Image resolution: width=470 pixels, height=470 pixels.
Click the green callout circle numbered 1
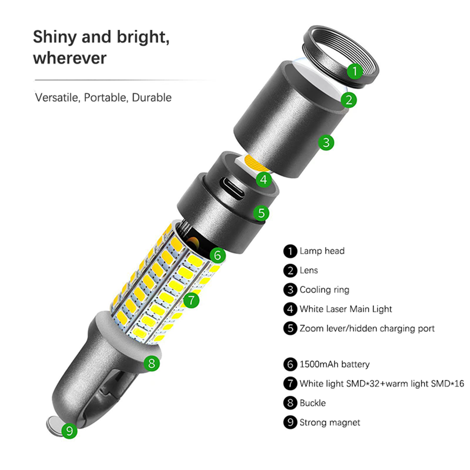point(355,71)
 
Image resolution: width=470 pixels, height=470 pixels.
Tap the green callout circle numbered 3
point(326,142)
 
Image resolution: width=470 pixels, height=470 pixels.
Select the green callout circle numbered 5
point(261,213)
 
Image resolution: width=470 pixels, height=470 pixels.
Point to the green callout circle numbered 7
point(191,300)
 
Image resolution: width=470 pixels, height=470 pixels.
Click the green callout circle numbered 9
point(69,431)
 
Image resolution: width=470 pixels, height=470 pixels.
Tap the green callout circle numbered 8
point(152,363)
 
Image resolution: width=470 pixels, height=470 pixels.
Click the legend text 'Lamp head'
point(322,251)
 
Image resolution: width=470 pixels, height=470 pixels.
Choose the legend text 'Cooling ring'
point(324,290)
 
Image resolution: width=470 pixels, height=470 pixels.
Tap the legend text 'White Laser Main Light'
point(346,309)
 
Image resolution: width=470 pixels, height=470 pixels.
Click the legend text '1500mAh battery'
point(335,364)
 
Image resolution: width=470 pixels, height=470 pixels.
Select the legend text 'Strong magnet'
point(330,422)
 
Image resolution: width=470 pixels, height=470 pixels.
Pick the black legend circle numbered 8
point(290,403)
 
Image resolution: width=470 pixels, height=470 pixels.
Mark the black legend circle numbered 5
point(290,328)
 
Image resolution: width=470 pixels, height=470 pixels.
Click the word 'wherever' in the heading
point(70,58)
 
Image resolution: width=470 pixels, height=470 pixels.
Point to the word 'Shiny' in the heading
point(55,37)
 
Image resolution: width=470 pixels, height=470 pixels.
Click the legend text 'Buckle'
point(313,403)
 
